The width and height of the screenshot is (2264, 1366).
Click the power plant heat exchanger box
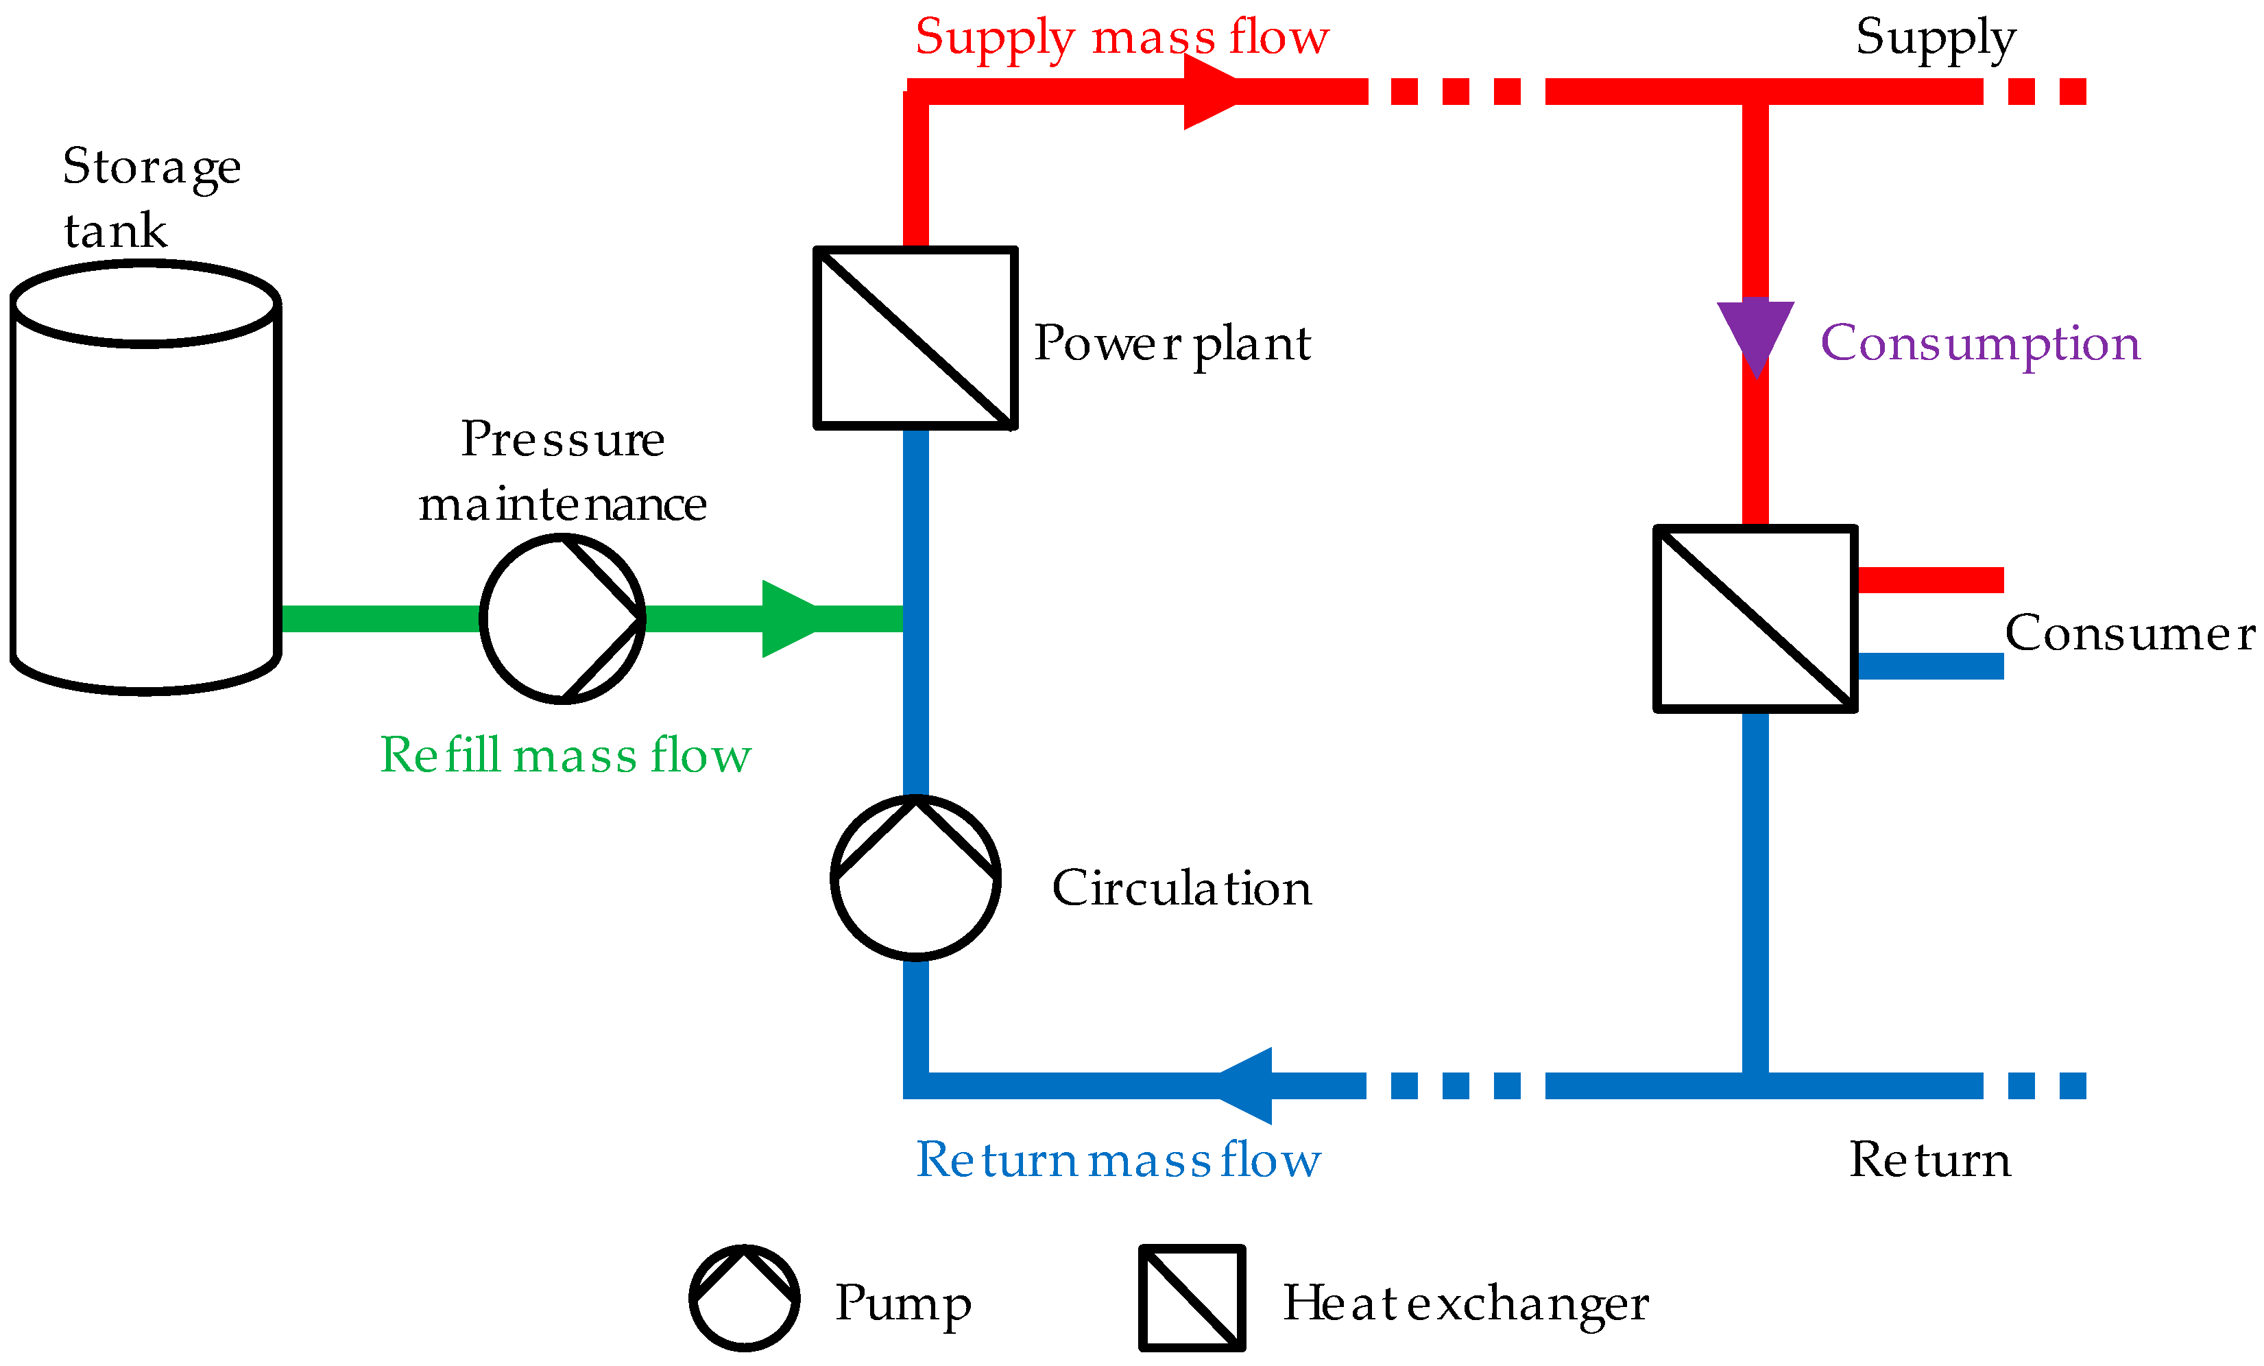pyautogui.click(x=915, y=338)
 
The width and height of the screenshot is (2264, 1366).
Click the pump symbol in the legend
pyautogui.click(x=744, y=1299)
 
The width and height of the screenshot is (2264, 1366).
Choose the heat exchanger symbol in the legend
pyautogui.click(x=1192, y=1299)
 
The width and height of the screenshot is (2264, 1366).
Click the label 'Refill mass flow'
pyautogui.click(x=565, y=756)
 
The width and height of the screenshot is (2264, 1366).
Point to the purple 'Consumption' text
pyautogui.click(x=1980, y=344)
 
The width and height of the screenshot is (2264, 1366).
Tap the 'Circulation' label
pyautogui.click(x=1181, y=888)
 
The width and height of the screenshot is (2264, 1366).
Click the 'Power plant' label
pyautogui.click(x=1172, y=344)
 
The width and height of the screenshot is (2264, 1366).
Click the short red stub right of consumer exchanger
pyautogui.click(x=1929, y=580)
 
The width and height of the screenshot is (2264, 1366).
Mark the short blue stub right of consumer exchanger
pyautogui.click(x=1929, y=667)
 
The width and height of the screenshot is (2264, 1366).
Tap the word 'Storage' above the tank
pyautogui.click(x=152, y=167)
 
